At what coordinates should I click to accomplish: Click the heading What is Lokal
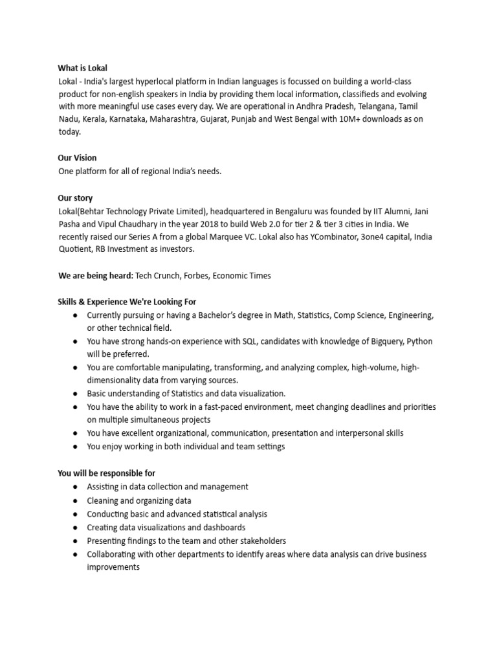pyautogui.click(x=83, y=68)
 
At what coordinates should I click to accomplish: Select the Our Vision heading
pyautogui.click(x=77, y=158)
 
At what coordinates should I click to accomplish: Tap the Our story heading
pyautogui.click(x=75, y=197)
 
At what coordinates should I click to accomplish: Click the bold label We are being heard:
pyautogui.click(x=96, y=276)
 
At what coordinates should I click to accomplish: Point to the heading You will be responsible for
pyautogui.click(x=106, y=473)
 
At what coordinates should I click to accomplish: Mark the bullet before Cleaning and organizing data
pyautogui.click(x=76, y=500)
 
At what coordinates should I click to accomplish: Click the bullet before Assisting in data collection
pyautogui.click(x=76, y=487)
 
